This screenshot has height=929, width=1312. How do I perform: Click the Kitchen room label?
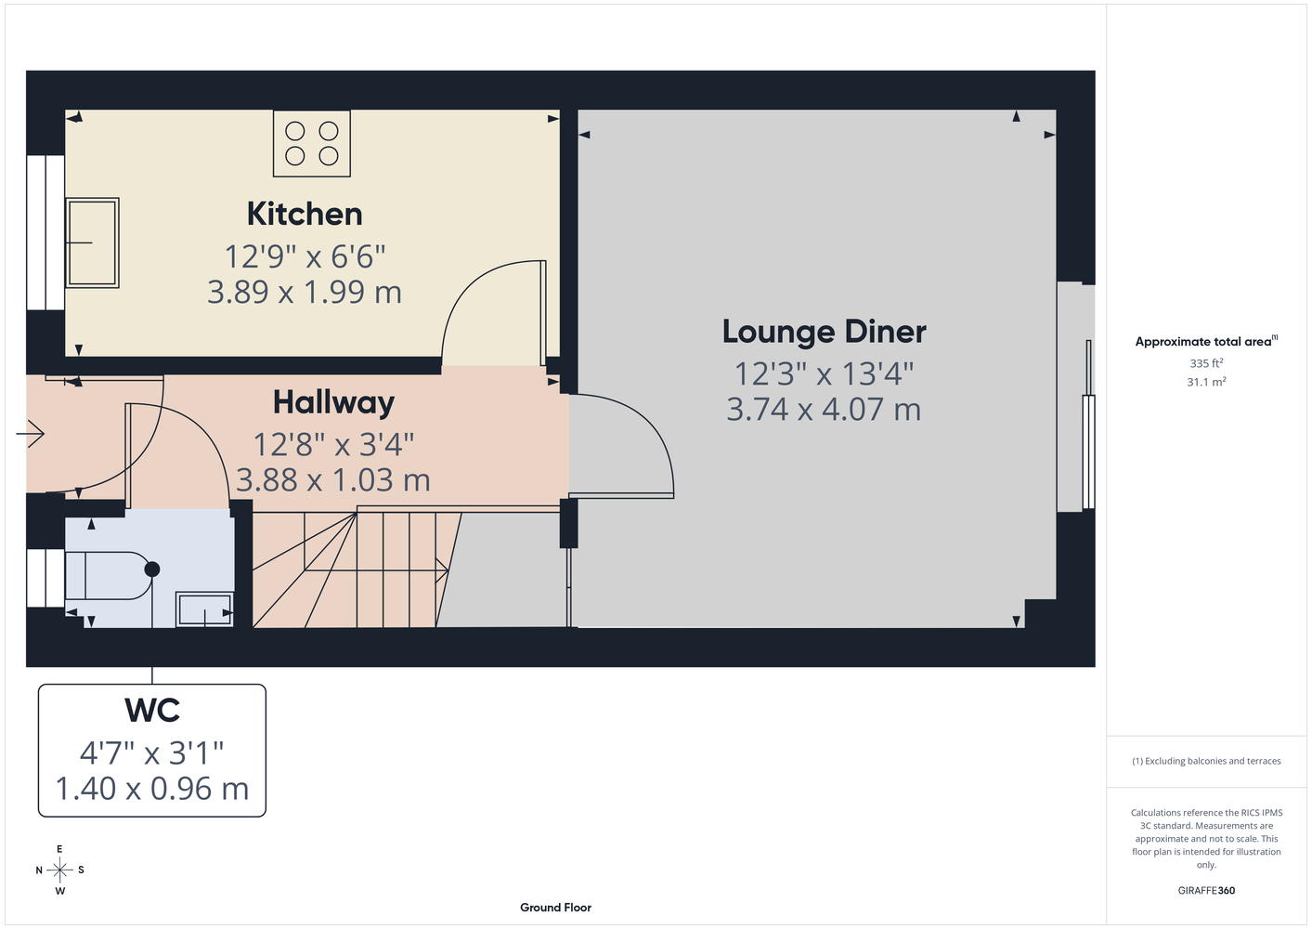[x=305, y=214]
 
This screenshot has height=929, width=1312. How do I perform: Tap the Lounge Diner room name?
[x=825, y=332]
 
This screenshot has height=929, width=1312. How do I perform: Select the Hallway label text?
[x=334, y=403]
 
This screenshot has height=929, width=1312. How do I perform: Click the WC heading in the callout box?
[x=152, y=711]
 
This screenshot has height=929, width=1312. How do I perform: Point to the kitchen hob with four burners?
[x=312, y=144]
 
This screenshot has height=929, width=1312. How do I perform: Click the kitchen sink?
[x=92, y=242]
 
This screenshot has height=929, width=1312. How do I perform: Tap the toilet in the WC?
[x=111, y=575]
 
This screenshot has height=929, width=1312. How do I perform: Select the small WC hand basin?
[x=204, y=609]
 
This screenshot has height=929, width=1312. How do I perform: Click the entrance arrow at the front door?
[x=31, y=435]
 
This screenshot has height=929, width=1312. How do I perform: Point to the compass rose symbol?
[x=59, y=870]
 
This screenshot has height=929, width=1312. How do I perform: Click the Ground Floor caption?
[x=555, y=908]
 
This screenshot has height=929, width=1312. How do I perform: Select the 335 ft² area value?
[x=1206, y=363]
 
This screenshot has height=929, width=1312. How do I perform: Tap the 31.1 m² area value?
[x=1206, y=382]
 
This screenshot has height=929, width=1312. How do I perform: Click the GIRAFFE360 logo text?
[x=1206, y=890]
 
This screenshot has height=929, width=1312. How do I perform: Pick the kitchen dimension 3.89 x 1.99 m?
[x=305, y=292]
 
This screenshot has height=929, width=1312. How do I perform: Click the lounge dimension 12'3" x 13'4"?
[x=825, y=373]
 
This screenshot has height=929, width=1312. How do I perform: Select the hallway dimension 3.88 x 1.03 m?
[x=333, y=480]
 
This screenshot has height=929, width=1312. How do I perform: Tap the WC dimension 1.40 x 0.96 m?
[x=152, y=789]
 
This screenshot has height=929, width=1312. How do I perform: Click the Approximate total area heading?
[x=1206, y=341]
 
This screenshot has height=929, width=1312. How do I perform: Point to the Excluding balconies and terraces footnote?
[x=1206, y=761]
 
